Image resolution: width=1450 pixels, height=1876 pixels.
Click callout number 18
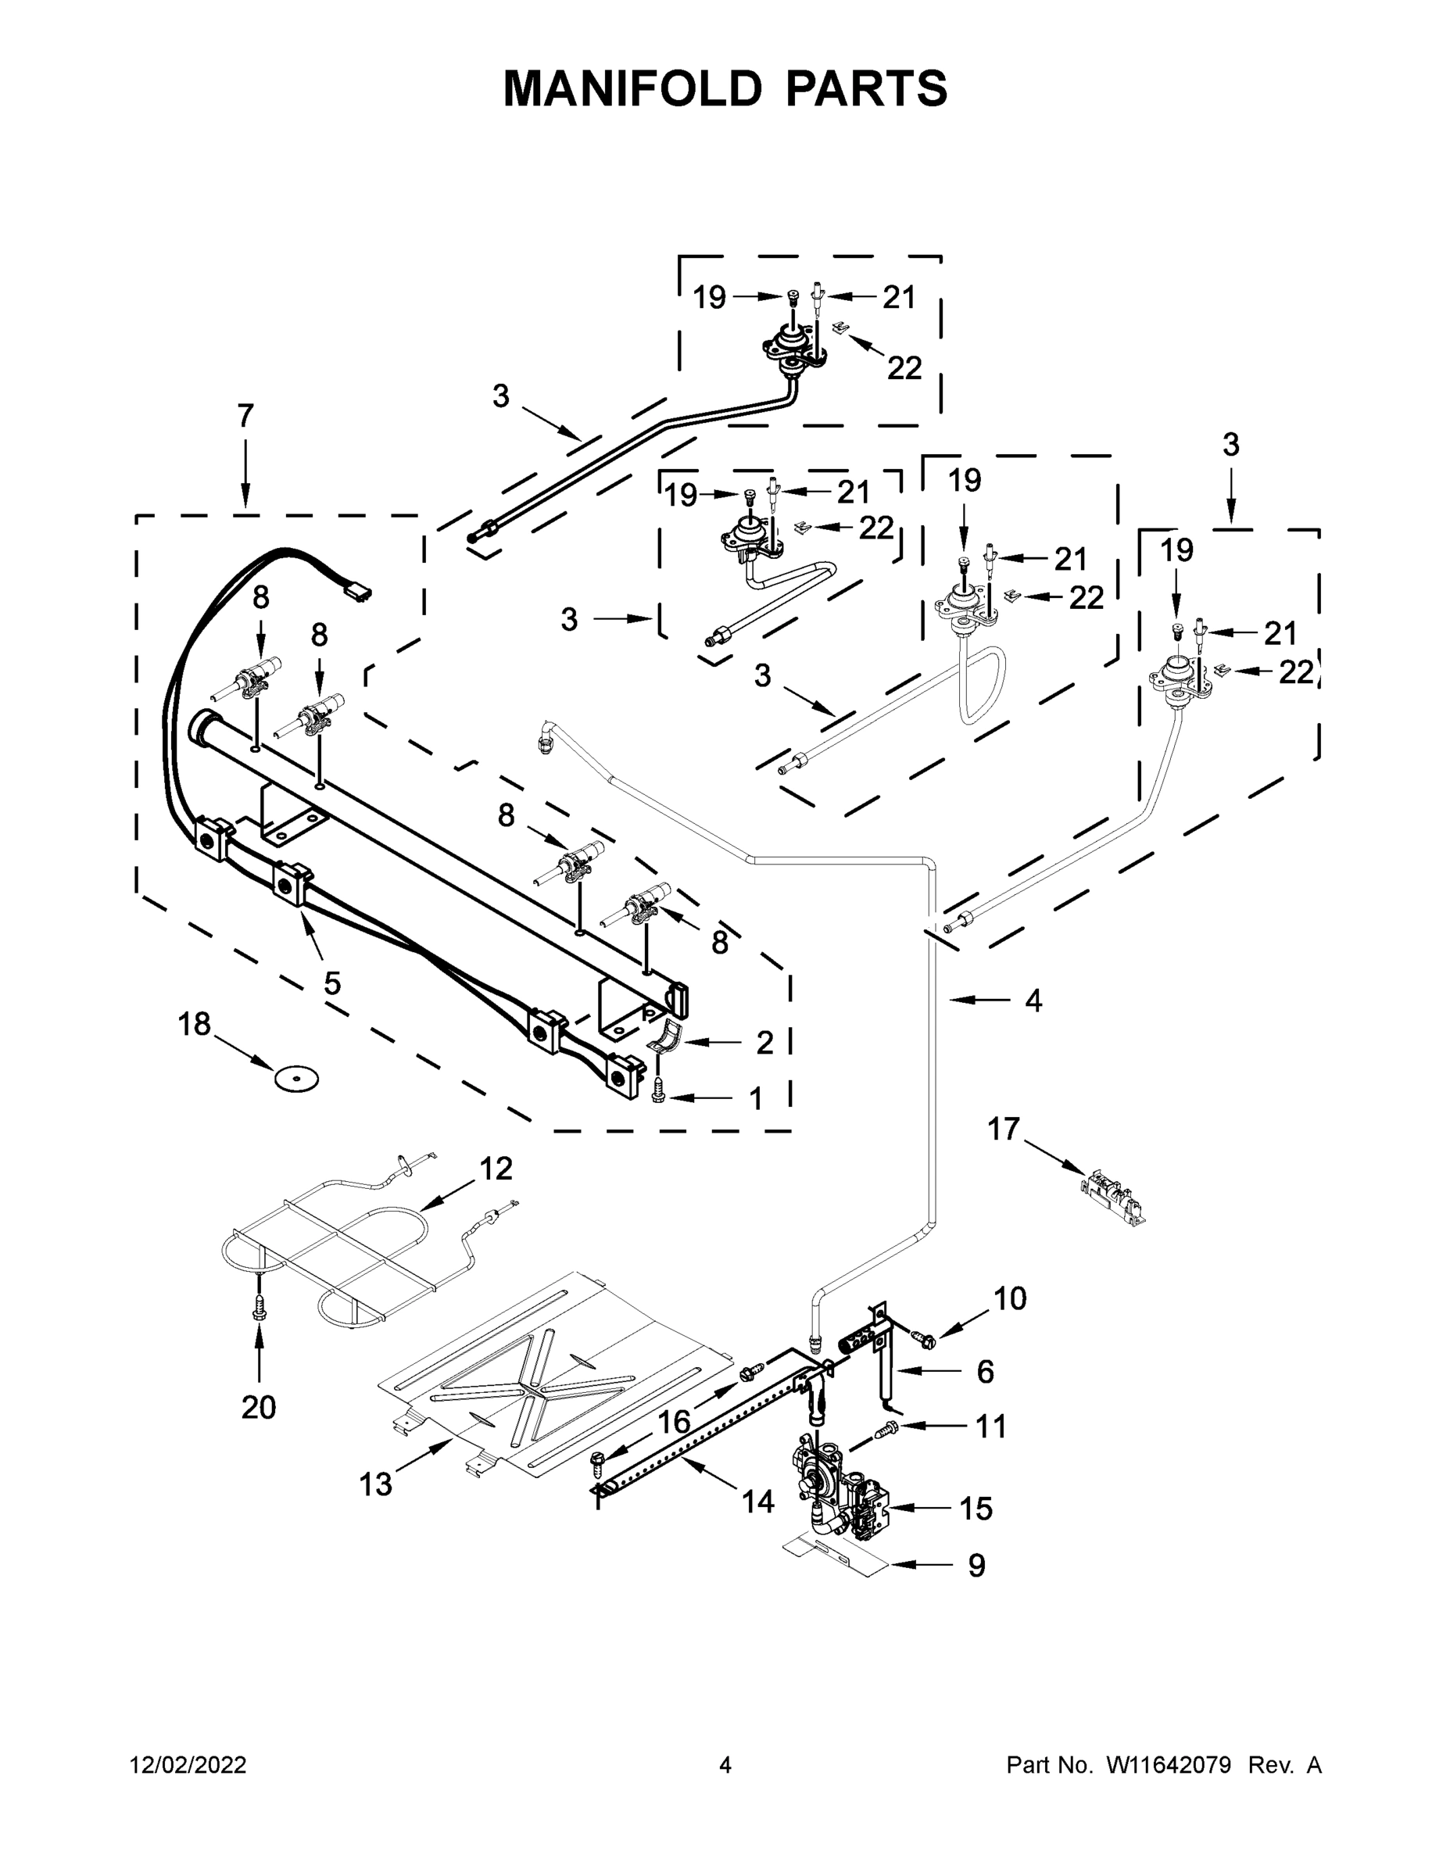[194, 1024]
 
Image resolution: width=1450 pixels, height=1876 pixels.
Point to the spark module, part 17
[1112, 1191]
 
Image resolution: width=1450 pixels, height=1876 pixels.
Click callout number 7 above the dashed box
[245, 416]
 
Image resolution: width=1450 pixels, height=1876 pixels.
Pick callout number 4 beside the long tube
[1033, 1000]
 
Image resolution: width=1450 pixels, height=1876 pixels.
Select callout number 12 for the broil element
[496, 1169]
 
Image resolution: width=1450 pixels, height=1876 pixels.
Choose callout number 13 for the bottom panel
[375, 1484]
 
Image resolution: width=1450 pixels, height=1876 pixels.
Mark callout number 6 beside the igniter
[985, 1372]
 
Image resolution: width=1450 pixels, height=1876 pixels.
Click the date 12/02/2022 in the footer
[188, 1765]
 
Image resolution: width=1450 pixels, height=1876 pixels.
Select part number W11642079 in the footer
[1169, 1765]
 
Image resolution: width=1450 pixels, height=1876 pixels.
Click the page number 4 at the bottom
[725, 1765]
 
